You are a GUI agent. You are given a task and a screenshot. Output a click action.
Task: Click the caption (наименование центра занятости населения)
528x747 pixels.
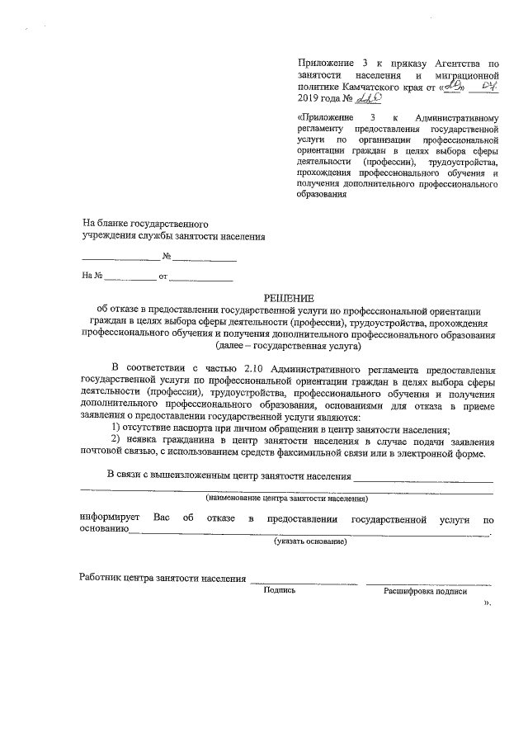pyautogui.click(x=287, y=499)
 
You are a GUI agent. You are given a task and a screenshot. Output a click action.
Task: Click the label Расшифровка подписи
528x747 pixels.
pyautogui.click(x=425, y=591)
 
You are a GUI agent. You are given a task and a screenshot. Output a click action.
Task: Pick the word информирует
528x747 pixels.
pyautogui.click(x=109, y=519)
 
